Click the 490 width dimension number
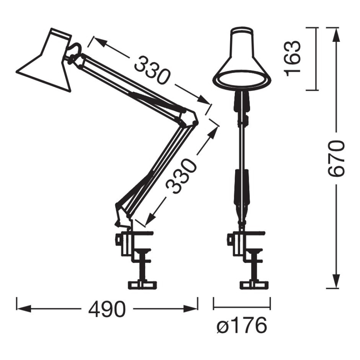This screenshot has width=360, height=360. click(107, 309)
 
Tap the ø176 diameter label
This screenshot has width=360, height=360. click(241, 326)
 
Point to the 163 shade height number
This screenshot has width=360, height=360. click(293, 58)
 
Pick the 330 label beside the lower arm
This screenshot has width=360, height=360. click(182, 176)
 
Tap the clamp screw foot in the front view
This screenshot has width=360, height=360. click(253, 285)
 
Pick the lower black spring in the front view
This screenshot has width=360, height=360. click(241, 187)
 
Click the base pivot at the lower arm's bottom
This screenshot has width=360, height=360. click(122, 214)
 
